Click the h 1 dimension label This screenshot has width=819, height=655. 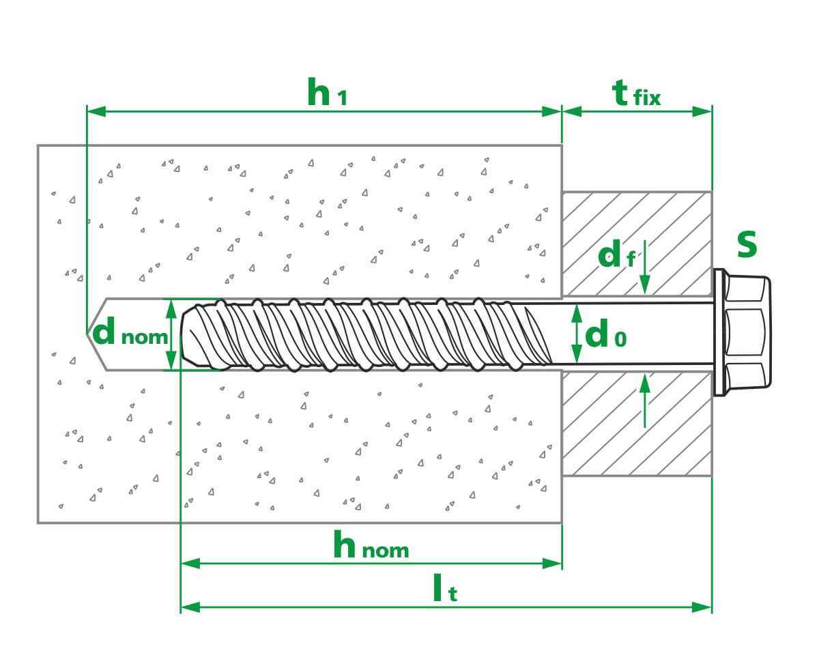tap(326, 93)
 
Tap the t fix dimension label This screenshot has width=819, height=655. tap(636, 94)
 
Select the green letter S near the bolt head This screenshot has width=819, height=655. tap(747, 245)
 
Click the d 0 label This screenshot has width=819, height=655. tap(605, 334)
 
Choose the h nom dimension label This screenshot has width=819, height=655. tap(371, 547)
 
